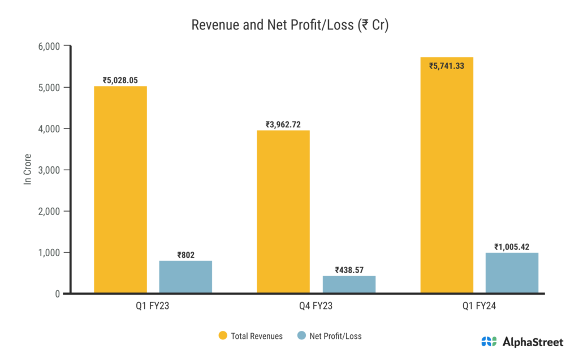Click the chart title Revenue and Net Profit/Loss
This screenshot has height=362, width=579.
[289, 25]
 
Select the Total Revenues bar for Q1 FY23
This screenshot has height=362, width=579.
[120, 189]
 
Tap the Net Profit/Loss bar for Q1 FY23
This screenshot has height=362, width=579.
[185, 277]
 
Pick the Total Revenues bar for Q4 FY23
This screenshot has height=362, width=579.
[283, 212]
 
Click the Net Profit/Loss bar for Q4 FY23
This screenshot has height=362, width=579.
[349, 285]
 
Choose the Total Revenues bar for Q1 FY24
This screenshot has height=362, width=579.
[447, 175]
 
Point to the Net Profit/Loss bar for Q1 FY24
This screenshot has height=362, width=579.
[512, 273]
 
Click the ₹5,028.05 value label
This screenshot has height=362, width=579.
[120, 80]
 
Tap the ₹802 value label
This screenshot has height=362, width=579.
[185, 255]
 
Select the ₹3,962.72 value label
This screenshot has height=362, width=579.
[283, 124]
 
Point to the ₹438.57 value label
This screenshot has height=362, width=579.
[349, 270]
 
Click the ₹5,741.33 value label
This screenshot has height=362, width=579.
[447, 66]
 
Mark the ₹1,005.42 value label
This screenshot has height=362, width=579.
[512, 247]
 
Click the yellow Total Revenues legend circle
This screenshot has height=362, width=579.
[223, 336]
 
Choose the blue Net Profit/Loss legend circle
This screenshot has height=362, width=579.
[301, 336]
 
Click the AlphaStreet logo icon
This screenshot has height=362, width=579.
[489, 342]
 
